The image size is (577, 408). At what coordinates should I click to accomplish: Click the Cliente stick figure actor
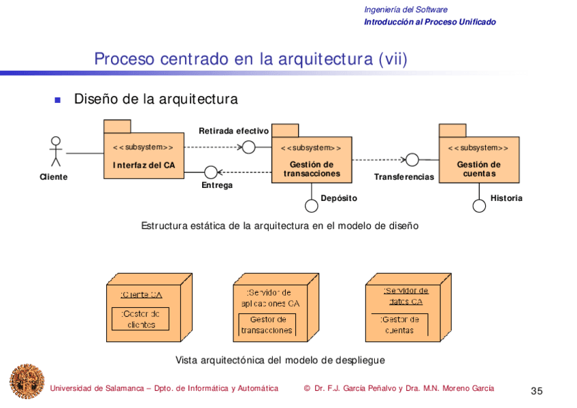[56, 151]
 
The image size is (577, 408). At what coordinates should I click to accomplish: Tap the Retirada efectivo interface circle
[249, 146]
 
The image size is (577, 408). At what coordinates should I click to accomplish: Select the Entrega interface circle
[211, 172]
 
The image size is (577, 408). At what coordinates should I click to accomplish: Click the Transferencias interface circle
[412, 160]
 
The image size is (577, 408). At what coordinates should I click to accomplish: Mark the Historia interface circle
[479, 206]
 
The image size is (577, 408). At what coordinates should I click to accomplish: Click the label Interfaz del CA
[144, 165]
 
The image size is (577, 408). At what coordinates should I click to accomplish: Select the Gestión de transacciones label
[311, 169]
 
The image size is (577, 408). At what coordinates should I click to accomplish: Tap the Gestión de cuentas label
[478, 169]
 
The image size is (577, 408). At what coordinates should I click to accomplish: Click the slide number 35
[537, 391]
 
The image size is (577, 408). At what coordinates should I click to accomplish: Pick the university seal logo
[26, 381]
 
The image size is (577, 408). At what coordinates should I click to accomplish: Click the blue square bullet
[58, 100]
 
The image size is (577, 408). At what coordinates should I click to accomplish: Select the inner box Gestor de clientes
[140, 319]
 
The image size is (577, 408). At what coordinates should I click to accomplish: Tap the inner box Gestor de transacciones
[267, 325]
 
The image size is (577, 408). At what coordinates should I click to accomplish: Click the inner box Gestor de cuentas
[399, 324]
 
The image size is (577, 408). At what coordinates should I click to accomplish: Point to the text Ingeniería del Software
[406, 10]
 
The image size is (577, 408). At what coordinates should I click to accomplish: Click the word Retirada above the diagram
[216, 131]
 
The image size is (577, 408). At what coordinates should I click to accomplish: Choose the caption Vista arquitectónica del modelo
[280, 360]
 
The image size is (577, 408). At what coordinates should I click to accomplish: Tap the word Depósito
[338, 198]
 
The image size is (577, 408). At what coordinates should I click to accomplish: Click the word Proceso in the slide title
[125, 59]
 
